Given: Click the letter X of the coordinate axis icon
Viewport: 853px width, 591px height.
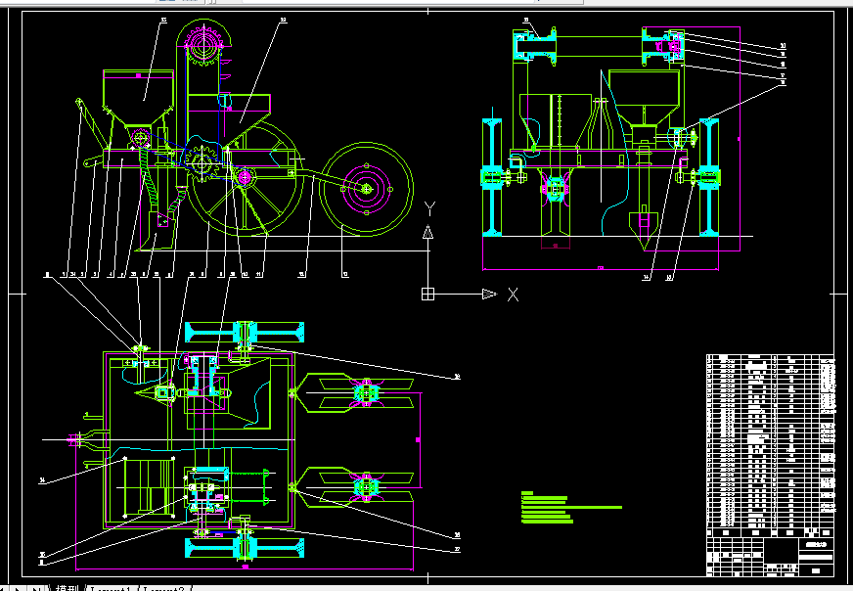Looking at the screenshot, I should tap(512, 294).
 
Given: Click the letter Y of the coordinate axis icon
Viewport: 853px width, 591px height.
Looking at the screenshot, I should tap(429, 208).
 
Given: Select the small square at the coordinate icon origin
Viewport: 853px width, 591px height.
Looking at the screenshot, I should tap(427, 294).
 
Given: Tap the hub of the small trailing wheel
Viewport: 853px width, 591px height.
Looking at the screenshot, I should tap(367, 189).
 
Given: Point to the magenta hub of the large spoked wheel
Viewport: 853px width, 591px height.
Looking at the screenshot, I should tap(245, 177).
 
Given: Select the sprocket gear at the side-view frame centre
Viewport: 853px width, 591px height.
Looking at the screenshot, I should tap(202, 161).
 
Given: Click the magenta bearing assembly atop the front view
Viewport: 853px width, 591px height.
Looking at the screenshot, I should tap(672, 44).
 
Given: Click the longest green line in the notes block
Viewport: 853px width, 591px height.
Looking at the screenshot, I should tap(572, 508).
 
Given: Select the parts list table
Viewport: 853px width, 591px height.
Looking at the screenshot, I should tap(771, 441).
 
